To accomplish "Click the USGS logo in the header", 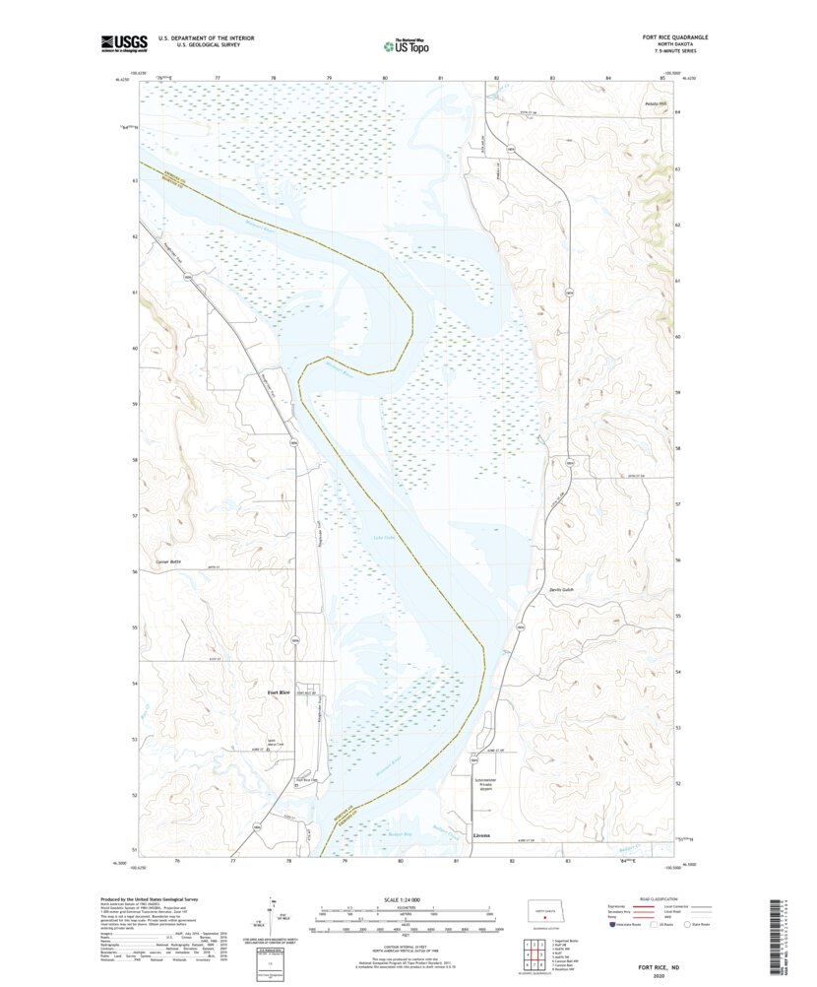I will coord(124,43).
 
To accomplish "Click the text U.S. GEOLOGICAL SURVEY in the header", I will coord(193,45).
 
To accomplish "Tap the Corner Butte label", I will coord(169,561).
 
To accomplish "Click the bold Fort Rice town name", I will coord(279,693).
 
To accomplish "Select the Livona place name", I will coord(481,835).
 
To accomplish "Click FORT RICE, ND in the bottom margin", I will coord(665,968).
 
